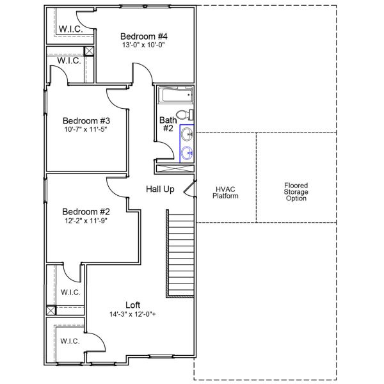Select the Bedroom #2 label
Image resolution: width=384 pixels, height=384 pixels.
click(86, 212)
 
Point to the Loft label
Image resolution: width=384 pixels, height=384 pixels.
click(133, 305)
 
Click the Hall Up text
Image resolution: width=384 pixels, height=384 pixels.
click(160, 189)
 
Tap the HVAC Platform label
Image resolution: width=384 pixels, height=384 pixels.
click(226, 193)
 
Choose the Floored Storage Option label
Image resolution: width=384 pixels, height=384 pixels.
click(296, 192)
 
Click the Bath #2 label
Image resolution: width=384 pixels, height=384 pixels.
click(168, 124)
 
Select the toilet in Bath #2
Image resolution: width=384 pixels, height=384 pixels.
click(184, 115)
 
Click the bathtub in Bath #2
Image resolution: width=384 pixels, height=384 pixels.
click(175, 96)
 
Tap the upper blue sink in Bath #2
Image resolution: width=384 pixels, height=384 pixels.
click(187, 134)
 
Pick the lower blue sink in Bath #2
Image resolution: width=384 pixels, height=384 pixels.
click(187, 152)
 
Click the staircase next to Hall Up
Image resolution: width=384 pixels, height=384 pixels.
click(180, 256)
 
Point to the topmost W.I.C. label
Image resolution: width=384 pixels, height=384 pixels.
click(69, 29)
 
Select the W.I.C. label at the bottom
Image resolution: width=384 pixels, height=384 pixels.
click(70, 341)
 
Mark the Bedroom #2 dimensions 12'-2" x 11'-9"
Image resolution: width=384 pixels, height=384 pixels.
click(86, 221)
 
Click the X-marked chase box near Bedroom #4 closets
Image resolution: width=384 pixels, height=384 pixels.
click(89, 51)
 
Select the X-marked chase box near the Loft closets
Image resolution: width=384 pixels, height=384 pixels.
click(51, 310)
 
